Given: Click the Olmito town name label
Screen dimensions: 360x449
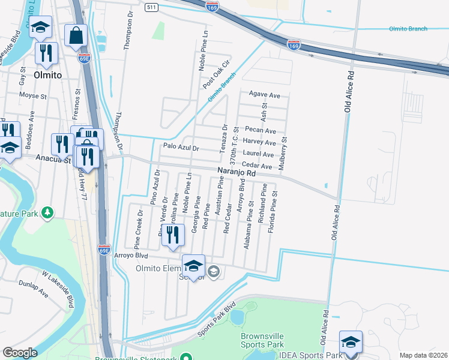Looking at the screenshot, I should click(x=48, y=76).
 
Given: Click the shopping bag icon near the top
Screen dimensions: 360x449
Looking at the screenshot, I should click(x=76, y=37).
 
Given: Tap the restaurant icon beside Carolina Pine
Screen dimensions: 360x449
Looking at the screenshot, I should click(x=173, y=236).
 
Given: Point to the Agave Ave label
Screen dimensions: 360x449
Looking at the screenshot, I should click(x=265, y=95).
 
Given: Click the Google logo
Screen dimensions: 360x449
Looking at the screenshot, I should click(x=20, y=353).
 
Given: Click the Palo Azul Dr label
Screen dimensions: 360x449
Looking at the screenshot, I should click(x=180, y=146).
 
